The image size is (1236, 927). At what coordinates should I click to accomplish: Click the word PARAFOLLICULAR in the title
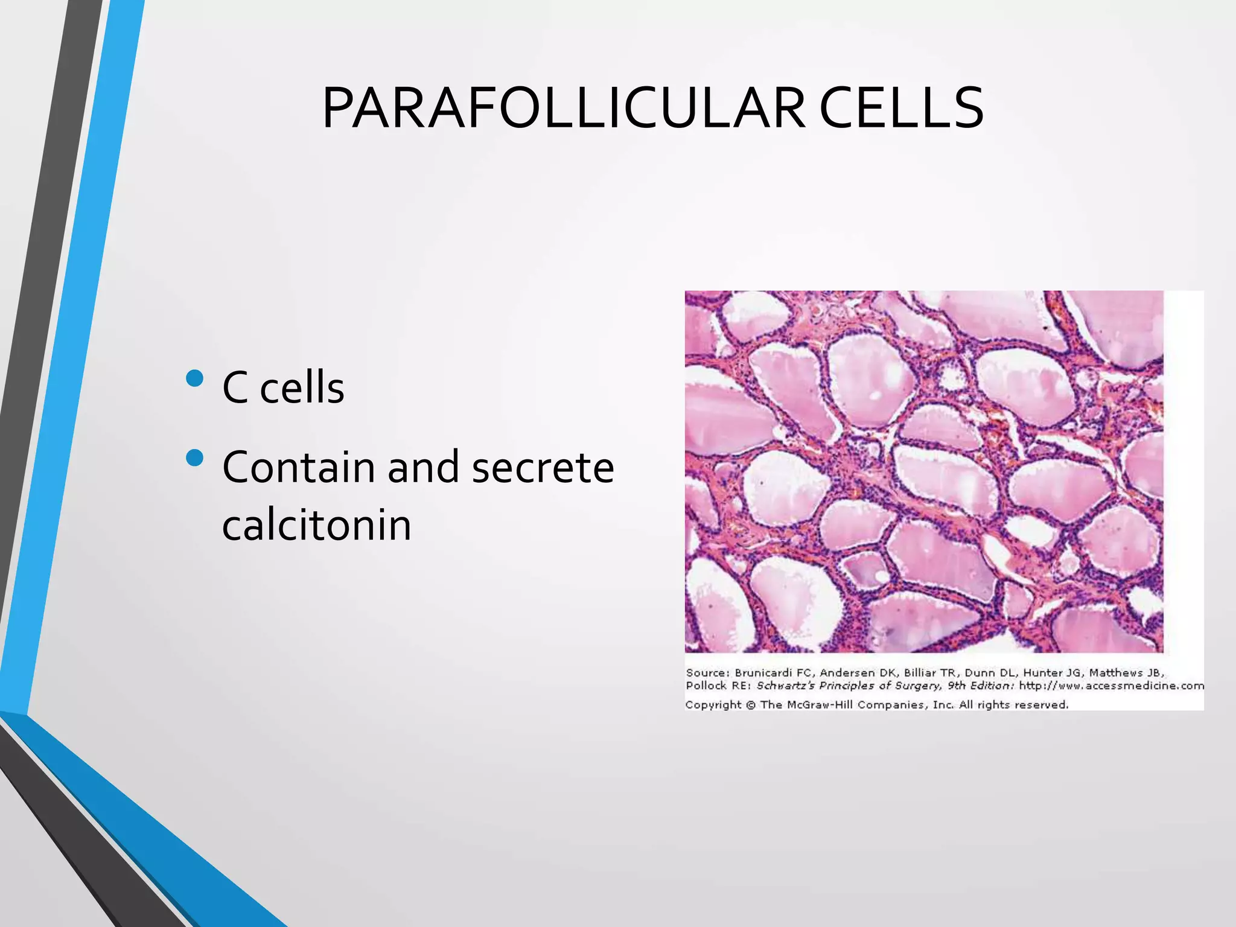564,109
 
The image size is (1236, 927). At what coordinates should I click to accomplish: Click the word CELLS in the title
901,109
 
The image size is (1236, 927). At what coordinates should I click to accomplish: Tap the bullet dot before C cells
195,378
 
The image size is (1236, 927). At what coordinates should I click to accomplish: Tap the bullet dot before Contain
195,458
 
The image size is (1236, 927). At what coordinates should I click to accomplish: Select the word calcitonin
316,525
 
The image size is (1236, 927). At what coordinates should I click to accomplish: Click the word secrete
543,467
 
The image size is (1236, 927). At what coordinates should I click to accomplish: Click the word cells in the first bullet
302,387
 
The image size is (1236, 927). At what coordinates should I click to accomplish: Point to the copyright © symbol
751,705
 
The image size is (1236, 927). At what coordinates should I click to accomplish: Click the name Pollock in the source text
706,686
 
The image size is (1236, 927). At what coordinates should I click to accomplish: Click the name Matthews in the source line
1116,672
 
